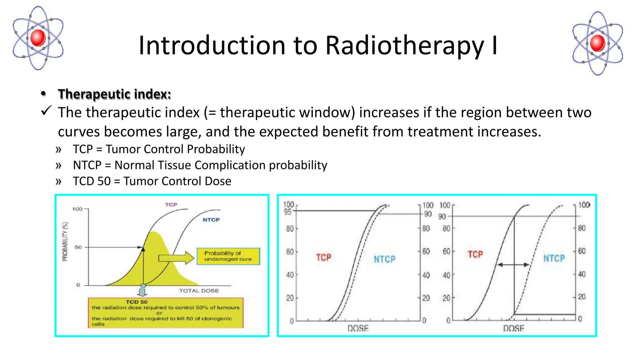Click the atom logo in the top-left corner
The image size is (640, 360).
pos(38,38)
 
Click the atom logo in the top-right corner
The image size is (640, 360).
pos(597,43)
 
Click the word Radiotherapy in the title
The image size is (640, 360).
pos(404,46)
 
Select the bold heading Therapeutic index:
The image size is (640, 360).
pos(114,94)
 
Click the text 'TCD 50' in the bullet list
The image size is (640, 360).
pos(92,181)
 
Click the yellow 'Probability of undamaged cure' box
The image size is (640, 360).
pos(228,256)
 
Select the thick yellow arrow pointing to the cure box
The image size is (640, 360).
pos(176,258)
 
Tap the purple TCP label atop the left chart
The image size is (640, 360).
pos(171,205)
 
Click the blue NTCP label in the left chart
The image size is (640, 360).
pos(211,220)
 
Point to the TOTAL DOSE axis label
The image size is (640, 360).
pos(199,291)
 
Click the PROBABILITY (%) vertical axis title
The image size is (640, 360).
pos(65,242)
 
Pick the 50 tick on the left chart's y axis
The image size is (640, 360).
pos(78,247)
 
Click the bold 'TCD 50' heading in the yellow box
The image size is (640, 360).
pos(136,302)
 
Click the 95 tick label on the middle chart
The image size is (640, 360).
pos(287,212)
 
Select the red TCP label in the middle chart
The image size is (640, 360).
pos(323,257)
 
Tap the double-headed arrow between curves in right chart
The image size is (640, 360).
pos(513,265)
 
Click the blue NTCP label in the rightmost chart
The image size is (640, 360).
pos(554,258)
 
